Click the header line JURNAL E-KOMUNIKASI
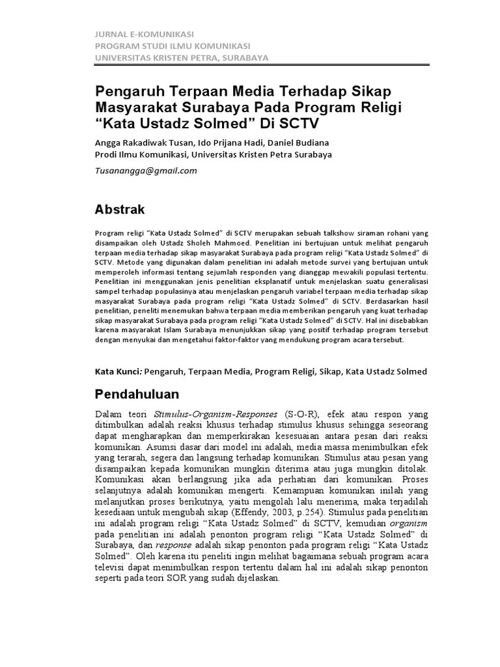click(145, 34)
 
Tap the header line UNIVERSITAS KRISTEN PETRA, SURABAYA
click(182, 57)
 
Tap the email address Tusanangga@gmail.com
click(146, 171)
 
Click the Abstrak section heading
click(120, 210)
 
